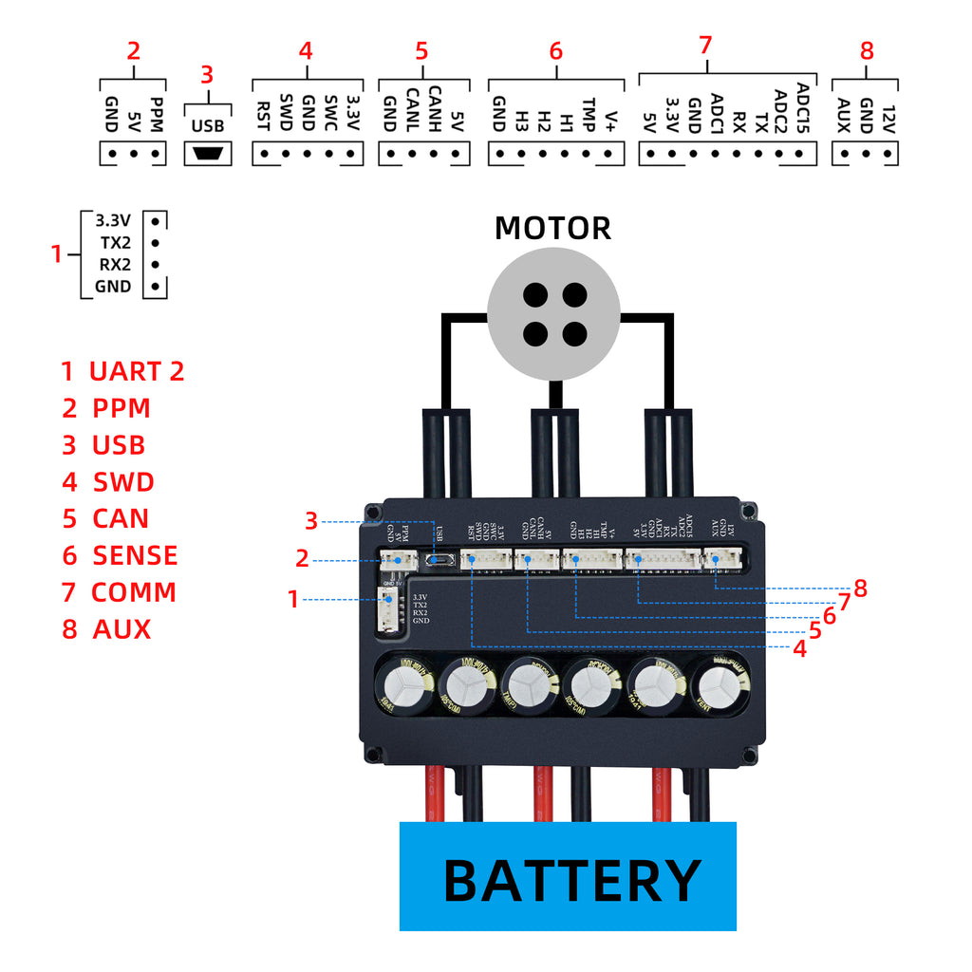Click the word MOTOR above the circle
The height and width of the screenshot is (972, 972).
[x=552, y=228]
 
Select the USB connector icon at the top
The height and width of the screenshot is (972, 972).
[x=207, y=154]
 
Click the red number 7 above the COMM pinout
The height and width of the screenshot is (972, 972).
[x=704, y=45]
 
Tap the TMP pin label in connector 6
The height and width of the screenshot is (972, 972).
[x=589, y=110]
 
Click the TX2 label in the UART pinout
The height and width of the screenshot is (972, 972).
[x=115, y=242]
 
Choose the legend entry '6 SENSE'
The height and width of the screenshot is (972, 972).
[x=120, y=555]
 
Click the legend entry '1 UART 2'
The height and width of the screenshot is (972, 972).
[x=122, y=371]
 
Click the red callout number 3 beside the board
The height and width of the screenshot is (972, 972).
[x=310, y=521]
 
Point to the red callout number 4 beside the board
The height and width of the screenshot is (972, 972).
[x=799, y=650]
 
